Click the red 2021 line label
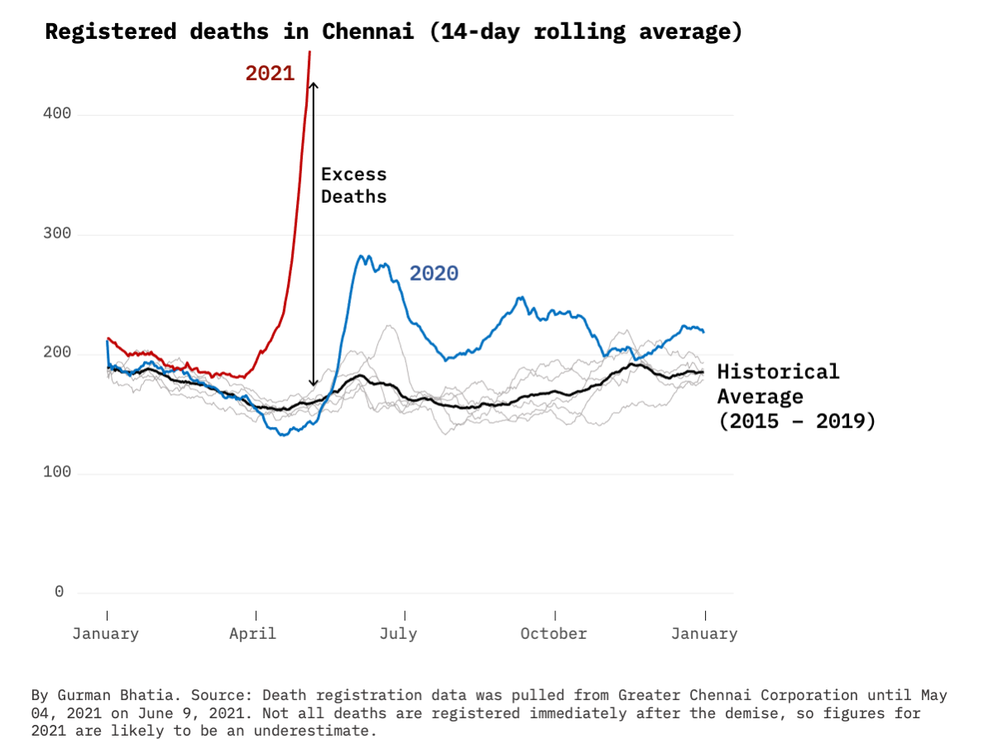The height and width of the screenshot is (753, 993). coord(270,74)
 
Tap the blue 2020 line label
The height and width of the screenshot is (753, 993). coord(434,274)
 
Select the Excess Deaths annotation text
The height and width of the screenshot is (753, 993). coord(353,185)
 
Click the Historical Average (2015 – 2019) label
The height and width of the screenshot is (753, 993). coord(794,396)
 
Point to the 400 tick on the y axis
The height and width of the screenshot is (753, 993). coord(57,114)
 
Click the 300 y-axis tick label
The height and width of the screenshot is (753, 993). coord(57,234)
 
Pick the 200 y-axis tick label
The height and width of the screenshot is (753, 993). coord(57,353)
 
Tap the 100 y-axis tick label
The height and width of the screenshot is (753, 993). coord(57,473)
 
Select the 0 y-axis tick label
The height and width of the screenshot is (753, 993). coord(59,592)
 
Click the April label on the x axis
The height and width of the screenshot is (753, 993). coord(253,634)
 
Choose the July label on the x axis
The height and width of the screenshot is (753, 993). coord(398,634)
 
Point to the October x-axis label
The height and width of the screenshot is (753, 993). coord(554,634)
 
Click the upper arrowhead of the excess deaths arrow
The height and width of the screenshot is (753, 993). coord(313,84)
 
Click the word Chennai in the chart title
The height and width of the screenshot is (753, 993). coord(367,32)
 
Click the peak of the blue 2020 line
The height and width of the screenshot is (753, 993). coord(362,257)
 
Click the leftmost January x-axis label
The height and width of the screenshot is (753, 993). coord(105,634)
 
